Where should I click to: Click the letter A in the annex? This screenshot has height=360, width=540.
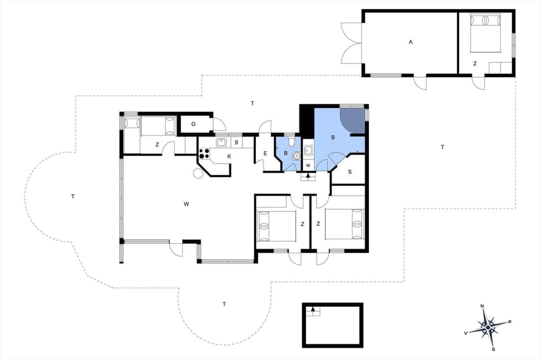[411, 42]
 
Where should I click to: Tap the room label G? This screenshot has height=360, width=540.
[193, 124]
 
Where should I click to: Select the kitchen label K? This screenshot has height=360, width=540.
[229, 155]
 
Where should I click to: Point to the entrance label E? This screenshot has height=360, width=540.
[265, 154]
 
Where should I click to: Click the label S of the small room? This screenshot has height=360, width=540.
[349, 171]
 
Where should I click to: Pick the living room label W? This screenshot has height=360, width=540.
[186, 204]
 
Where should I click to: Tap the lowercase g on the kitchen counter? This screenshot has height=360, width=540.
[237, 142]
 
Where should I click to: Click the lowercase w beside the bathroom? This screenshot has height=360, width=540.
[308, 165]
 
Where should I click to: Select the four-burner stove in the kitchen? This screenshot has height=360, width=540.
[204, 155]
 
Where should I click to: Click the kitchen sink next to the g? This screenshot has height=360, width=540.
[221, 142]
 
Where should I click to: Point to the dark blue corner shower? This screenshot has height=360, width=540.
[351, 119]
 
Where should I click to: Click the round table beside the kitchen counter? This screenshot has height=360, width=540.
[199, 173]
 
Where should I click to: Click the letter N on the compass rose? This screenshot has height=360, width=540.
[482, 306]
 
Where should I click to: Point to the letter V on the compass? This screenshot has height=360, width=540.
[466, 333]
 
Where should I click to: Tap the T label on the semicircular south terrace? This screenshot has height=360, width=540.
[224, 304]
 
